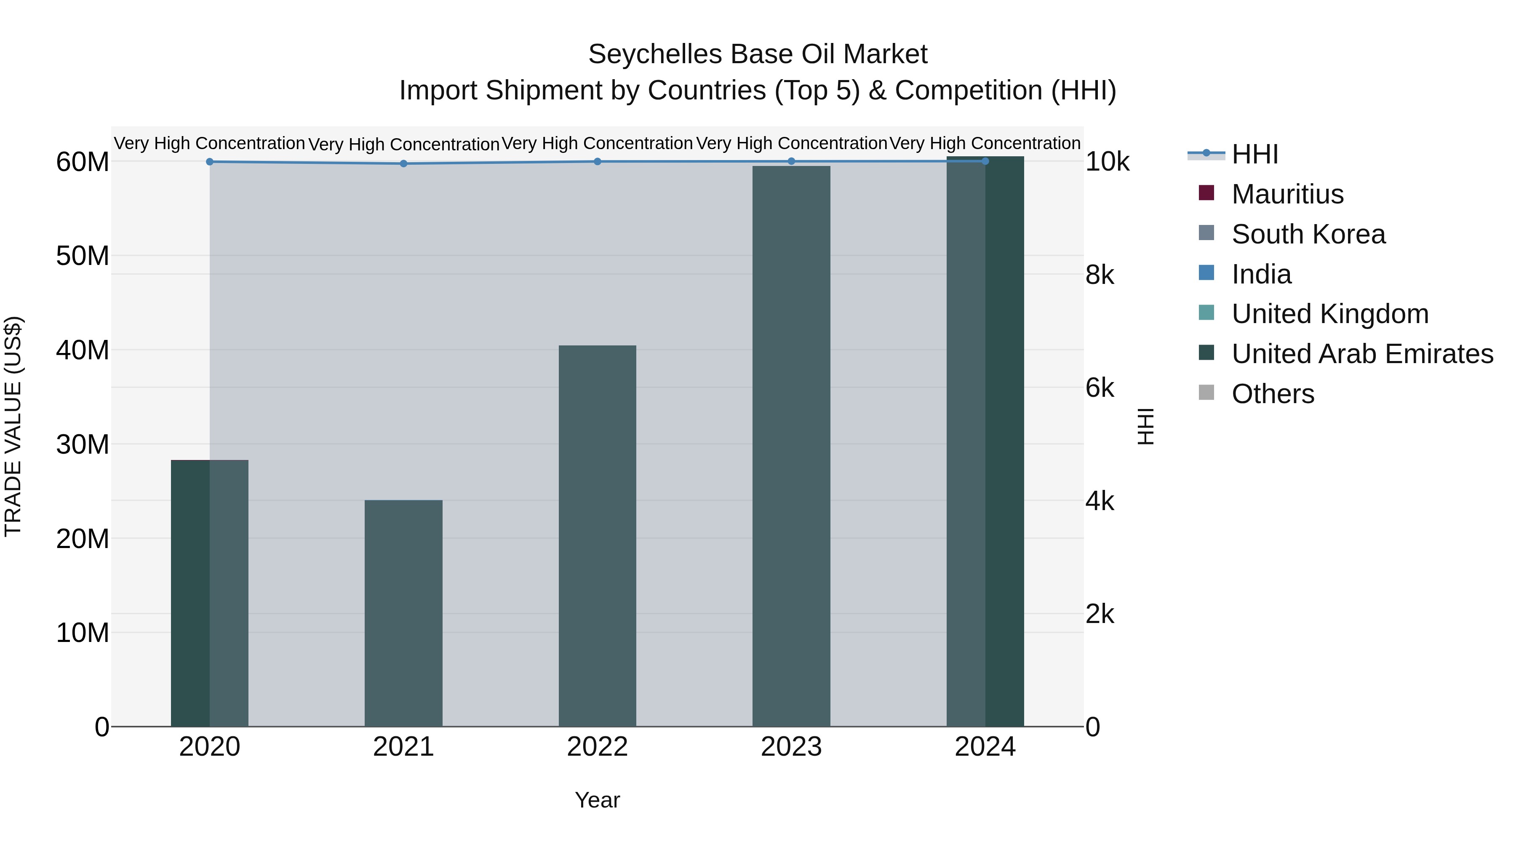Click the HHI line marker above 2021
click(404, 164)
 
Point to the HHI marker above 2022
click(597, 161)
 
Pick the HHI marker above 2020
click(210, 162)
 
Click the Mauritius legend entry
click(1287, 194)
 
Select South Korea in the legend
click(1308, 234)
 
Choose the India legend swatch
click(1206, 273)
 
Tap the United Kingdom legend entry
click(1329, 314)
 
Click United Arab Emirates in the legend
click(1362, 354)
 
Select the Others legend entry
click(1272, 394)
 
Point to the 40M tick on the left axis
click(83, 350)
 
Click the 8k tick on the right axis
click(1100, 275)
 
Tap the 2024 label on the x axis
click(985, 747)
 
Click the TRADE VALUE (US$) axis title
click(13, 426)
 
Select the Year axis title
click(597, 800)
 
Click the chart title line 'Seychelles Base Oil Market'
click(758, 54)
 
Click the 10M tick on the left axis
click(83, 633)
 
